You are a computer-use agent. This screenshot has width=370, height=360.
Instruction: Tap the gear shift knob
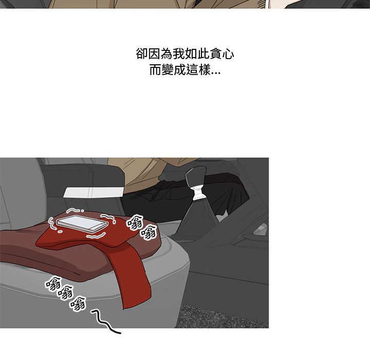coord(196,176)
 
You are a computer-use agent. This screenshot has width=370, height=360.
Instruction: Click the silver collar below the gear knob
coord(198,193)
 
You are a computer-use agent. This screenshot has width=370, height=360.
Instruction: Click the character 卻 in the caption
coord(142,54)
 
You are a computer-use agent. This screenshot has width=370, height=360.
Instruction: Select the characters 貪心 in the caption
coord(222,54)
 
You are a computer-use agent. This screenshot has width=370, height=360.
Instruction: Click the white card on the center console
coord(94,192)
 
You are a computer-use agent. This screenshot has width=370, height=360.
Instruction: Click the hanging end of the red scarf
coord(135,286)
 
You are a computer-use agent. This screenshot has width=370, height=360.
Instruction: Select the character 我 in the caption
coord(179,54)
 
